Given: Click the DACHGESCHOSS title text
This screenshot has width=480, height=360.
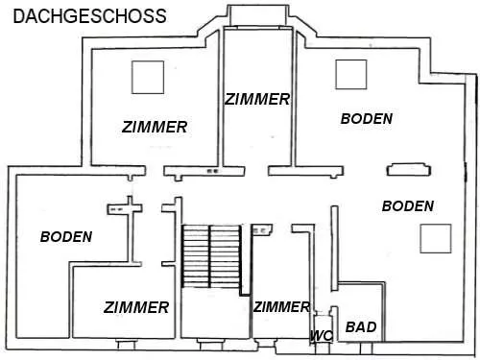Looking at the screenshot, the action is click(x=89, y=16).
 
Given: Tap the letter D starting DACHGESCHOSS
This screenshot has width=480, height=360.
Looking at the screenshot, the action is click(x=19, y=16).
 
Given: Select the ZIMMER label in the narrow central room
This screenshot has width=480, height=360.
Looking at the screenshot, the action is click(x=257, y=99).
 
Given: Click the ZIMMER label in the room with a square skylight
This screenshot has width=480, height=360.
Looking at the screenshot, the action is click(x=155, y=127).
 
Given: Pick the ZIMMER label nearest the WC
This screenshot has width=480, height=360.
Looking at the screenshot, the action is click(x=281, y=307).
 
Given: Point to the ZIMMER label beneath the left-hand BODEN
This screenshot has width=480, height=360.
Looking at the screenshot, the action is click(x=136, y=307).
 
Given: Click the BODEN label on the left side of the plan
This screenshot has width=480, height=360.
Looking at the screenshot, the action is click(x=66, y=237).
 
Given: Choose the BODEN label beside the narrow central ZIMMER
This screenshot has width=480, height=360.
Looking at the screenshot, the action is click(x=367, y=119).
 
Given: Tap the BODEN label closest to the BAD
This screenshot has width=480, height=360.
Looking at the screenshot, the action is click(x=408, y=206).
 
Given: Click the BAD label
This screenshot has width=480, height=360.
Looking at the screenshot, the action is click(x=361, y=327).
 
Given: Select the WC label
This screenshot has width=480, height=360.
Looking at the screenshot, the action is click(x=322, y=336).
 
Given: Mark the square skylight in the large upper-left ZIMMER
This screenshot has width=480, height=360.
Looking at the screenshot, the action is click(x=148, y=77).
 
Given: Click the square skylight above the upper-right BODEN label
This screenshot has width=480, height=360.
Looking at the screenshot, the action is click(x=351, y=74).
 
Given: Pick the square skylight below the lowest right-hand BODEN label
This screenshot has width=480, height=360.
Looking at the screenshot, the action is click(x=436, y=238).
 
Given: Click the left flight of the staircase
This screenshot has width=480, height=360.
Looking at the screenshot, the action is click(x=196, y=256).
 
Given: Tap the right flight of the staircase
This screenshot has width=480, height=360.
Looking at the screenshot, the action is click(x=225, y=256).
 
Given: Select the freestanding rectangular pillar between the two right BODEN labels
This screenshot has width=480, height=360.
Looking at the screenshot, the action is click(x=409, y=170).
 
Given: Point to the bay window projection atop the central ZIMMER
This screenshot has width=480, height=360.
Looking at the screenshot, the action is click(x=258, y=16).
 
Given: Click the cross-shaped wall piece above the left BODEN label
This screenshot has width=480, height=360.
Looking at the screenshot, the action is click(x=125, y=208).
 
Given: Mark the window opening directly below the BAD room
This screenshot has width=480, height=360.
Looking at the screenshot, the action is click(x=366, y=348).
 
